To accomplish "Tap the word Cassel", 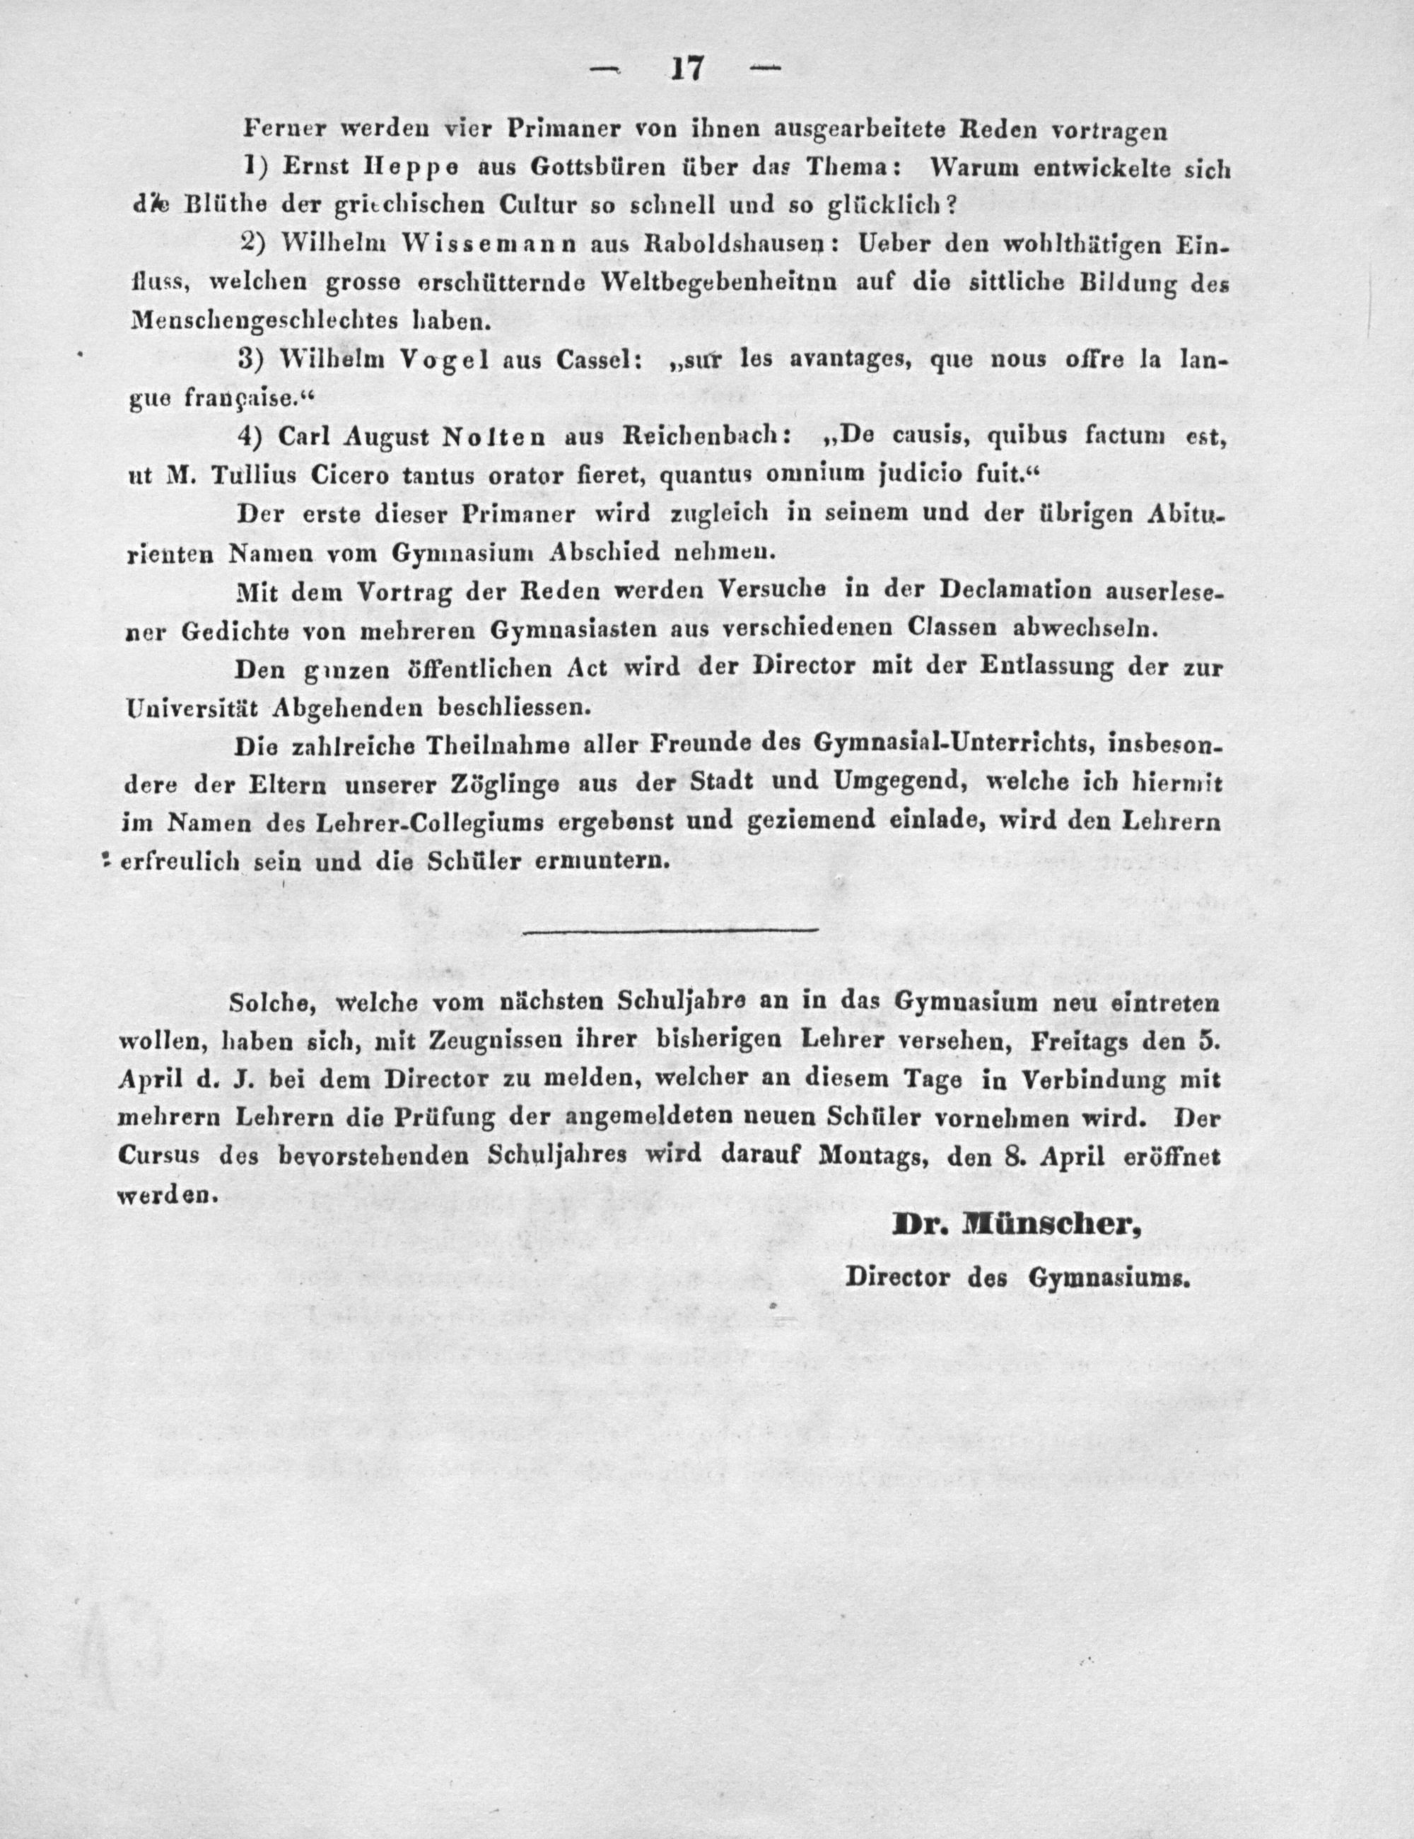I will click(598, 360).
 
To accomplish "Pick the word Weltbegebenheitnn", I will click(719, 284).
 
